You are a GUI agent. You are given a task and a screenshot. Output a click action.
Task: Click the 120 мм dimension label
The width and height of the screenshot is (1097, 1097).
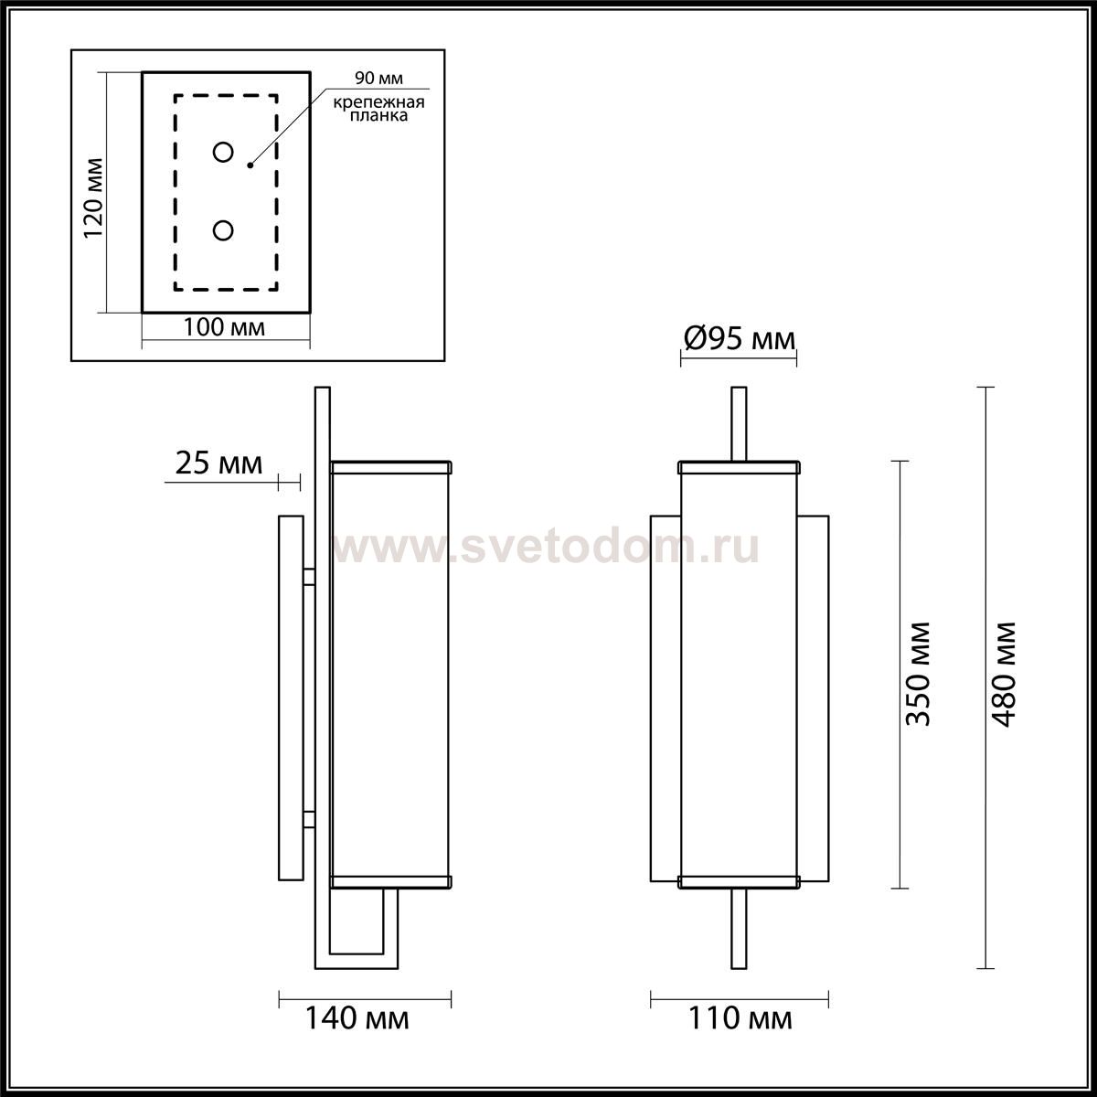[94, 198]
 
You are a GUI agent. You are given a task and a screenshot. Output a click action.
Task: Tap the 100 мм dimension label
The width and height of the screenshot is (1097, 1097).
[224, 327]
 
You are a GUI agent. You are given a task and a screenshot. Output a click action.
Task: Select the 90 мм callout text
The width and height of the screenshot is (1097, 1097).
[378, 78]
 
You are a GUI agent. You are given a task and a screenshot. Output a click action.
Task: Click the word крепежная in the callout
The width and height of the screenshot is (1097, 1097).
[378, 102]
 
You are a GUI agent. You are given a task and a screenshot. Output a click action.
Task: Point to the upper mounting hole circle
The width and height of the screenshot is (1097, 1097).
[223, 152]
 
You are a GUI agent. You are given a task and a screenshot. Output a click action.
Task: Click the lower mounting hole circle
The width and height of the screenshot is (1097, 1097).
[223, 230]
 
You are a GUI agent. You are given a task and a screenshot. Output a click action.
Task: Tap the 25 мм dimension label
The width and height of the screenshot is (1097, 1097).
[218, 463]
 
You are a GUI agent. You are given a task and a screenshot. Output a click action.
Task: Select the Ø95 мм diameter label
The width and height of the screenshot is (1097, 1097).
[739, 339]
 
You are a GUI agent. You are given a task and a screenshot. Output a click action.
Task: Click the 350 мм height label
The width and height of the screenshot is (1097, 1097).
[918, 674]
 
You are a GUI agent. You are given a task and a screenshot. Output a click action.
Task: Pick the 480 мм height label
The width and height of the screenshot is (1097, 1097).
[1003, 674]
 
